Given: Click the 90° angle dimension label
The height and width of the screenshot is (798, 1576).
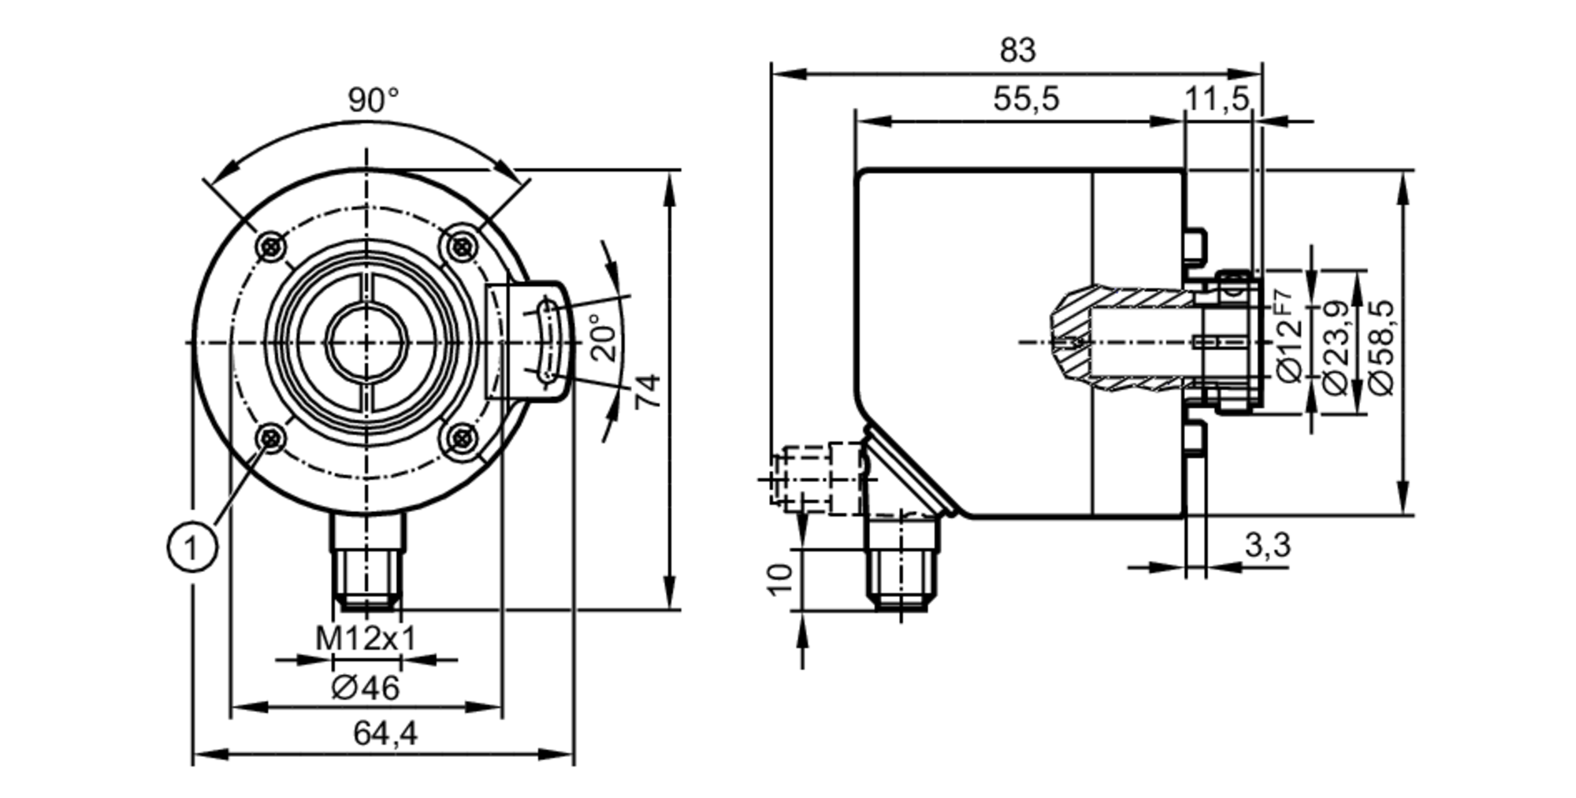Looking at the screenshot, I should point(374,101).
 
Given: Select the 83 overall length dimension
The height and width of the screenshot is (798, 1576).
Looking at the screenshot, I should point(1017,51).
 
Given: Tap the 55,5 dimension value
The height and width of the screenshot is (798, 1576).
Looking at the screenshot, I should point(1026,100).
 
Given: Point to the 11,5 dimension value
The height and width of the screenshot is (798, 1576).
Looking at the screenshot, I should point(1217,99).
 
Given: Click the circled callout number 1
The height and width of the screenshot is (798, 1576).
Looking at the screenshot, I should point(192,546).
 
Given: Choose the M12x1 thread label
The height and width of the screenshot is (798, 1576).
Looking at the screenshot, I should point(366,638).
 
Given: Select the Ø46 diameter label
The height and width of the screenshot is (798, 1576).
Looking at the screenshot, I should point(366,688).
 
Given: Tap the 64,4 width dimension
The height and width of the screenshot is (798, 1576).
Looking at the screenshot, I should point(385,734).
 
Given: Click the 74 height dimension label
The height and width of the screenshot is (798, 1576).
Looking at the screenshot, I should point(649,392).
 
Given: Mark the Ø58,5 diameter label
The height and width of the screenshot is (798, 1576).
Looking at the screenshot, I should point(1382,347).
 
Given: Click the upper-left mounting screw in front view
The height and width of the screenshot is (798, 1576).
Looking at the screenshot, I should point(271,246).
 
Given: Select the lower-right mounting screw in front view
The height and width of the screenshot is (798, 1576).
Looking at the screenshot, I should point(461,436).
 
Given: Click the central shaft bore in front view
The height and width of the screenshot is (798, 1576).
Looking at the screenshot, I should point(366,342).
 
